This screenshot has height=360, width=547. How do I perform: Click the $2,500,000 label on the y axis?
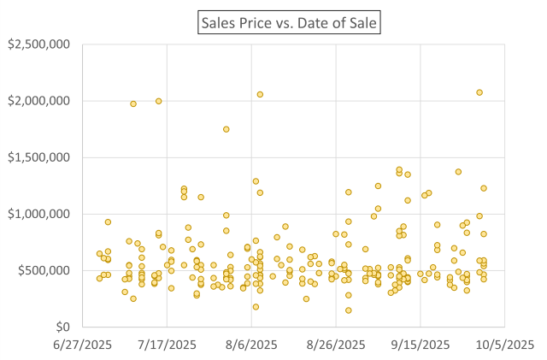click(39, 44)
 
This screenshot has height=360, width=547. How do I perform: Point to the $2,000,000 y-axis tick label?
click(39, 101)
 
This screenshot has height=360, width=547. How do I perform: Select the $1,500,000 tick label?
click(39, 157)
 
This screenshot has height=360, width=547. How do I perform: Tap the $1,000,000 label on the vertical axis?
click(39, 214)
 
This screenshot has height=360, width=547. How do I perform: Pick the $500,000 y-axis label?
click(44, 270)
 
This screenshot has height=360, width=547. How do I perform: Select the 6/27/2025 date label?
click(83, 344)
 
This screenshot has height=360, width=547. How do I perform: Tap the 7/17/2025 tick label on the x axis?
click(168, 344)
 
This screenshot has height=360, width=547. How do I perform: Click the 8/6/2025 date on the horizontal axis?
click(252, 344)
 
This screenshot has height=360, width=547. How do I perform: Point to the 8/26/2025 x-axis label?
click(337, 344)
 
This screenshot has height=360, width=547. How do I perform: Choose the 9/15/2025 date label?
click(421, 344)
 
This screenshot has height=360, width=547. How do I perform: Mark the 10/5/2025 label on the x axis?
click(506, 344)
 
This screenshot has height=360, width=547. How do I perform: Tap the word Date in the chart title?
click(319, 21)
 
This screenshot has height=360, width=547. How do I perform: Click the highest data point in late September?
click(479, 92)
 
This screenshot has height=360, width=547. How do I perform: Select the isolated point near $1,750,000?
click(226, 129)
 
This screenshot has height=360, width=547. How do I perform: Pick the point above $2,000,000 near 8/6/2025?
click(260, 94)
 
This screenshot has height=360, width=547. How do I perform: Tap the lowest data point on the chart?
click(349, 310)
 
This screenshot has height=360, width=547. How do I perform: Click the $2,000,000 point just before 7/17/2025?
click(159, 101)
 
